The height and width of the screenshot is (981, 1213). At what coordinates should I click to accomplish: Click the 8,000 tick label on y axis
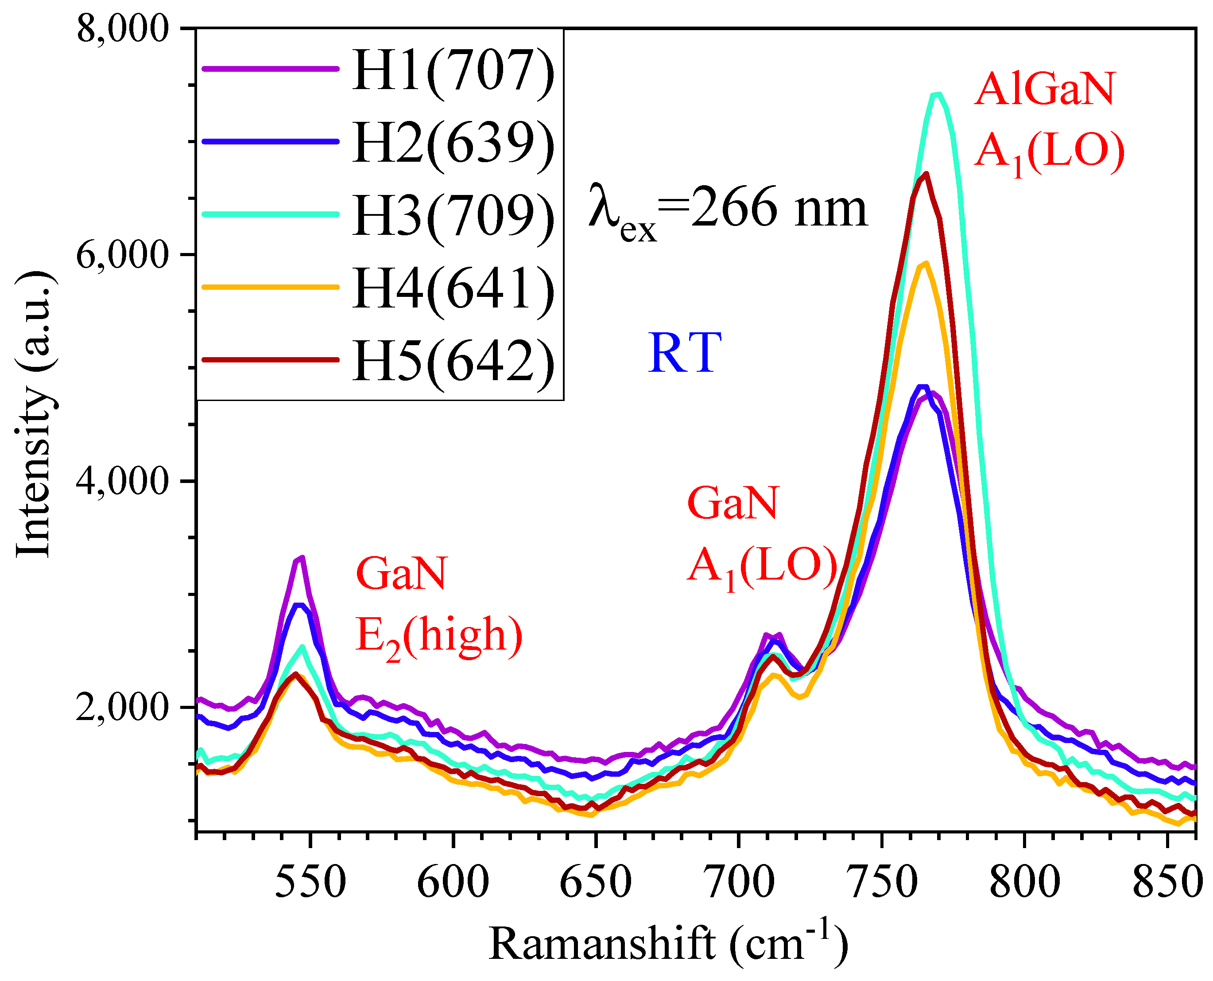click(123, 28)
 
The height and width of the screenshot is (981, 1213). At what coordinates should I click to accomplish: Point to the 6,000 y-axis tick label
click(123, 255)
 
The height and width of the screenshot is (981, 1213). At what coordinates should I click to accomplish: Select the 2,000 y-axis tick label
click(123, 708)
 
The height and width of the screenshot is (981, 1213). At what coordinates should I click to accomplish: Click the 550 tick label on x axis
click(310, 882)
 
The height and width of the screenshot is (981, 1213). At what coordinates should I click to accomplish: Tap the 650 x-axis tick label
click(595, 882)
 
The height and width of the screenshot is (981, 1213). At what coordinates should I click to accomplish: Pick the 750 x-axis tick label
click(881, 882)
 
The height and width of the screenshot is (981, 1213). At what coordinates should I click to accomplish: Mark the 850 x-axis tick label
click(1166, 882)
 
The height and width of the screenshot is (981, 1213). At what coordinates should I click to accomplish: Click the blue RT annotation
click(684, 353)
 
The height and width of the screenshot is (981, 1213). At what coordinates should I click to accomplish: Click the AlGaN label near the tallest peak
click(1044, 90)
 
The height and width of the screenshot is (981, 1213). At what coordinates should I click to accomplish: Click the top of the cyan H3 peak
click(938, 94)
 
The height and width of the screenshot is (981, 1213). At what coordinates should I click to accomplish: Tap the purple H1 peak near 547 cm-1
click(302, 558)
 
